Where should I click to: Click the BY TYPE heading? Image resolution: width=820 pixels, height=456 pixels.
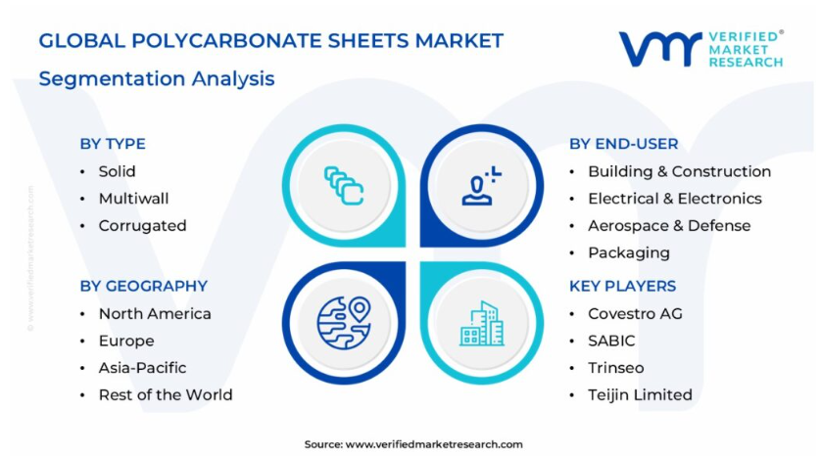point(113,144)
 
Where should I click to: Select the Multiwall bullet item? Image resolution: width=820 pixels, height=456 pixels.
point(134,199)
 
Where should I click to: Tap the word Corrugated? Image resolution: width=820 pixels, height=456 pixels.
point(143,226)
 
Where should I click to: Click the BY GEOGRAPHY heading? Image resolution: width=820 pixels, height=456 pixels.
point(144,286)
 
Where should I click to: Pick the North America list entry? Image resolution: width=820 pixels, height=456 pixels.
point(155,313)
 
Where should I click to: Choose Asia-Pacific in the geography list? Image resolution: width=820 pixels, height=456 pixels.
point(143,368)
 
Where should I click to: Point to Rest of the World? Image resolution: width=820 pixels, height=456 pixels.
point(166,395)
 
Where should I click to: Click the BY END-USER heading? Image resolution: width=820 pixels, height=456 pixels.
point(624,144)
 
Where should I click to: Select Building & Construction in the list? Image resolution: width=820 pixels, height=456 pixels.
point(679,171)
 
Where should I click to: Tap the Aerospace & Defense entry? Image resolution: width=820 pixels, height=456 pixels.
point(669,226)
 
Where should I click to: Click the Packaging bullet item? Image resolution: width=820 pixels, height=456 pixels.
point(629,252)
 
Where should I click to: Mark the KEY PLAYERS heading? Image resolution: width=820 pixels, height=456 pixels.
point(623,286)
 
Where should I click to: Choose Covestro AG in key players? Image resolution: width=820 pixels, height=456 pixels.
point(636,313)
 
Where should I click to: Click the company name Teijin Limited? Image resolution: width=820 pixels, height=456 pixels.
point(640,395)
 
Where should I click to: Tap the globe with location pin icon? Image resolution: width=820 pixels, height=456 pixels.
point(344,323)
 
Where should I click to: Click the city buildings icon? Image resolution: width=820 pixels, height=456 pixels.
point(482,324)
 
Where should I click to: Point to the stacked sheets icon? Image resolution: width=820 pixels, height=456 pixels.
point(344,185)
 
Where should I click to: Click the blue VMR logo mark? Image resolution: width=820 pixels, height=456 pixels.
point(661,49)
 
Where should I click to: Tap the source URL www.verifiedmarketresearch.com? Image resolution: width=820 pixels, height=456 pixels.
point(434,444)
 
